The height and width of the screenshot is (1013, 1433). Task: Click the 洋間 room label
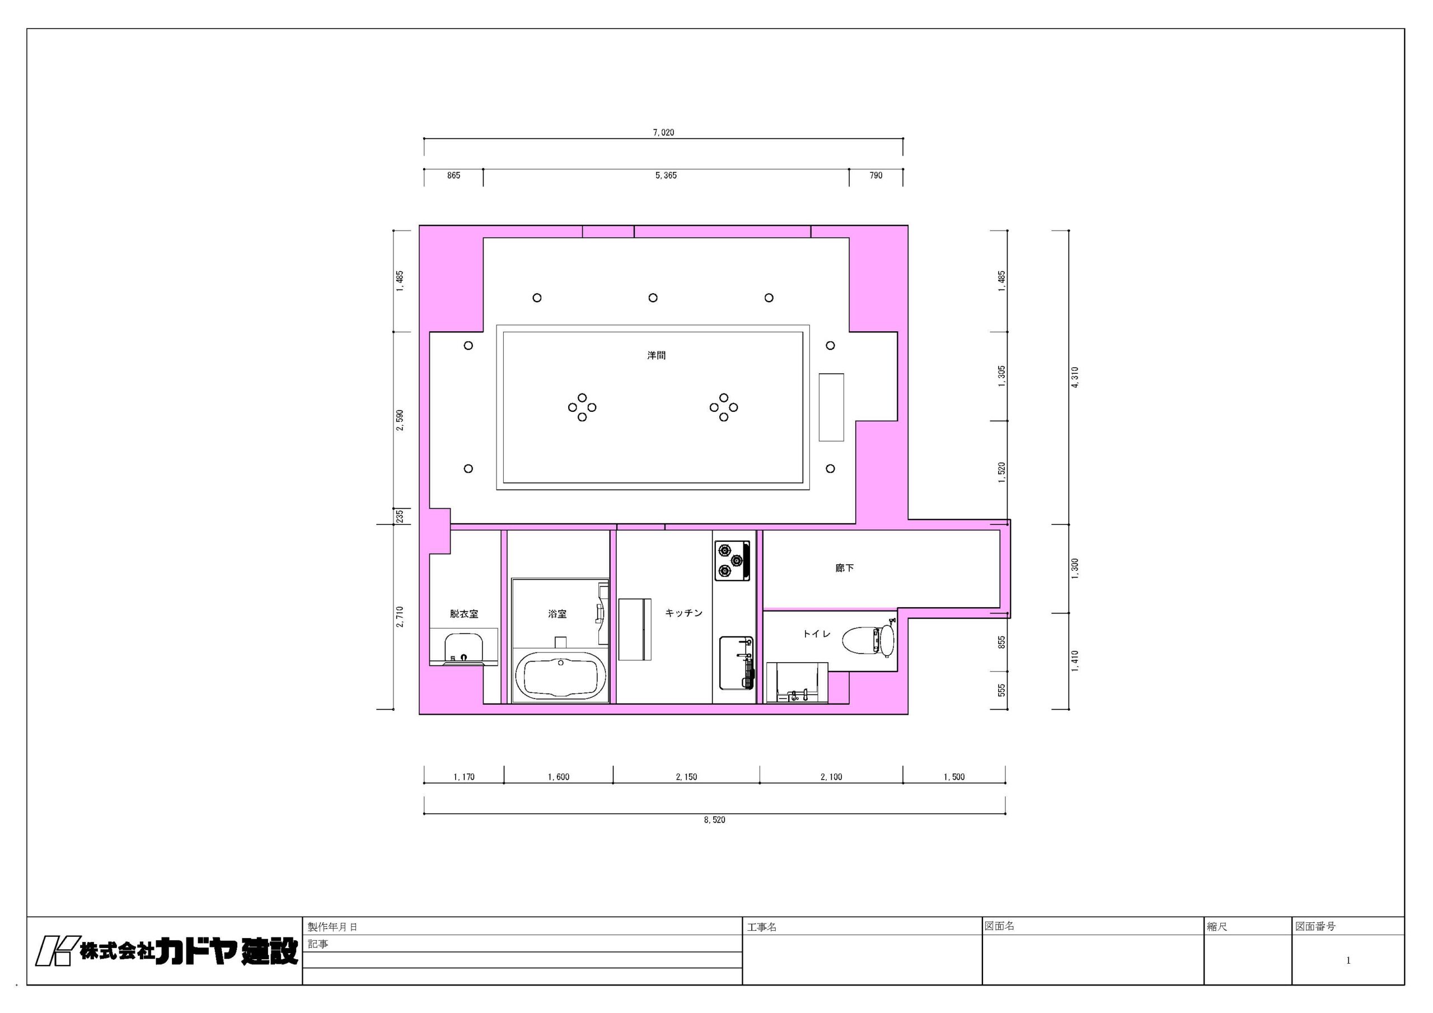[656, 355]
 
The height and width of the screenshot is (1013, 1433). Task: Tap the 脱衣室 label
[463, 613]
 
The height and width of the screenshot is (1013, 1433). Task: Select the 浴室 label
[558, 613]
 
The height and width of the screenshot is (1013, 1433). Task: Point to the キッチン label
[683, 613]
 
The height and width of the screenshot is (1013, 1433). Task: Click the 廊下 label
[845, 568]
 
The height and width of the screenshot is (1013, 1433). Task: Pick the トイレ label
[816, 634]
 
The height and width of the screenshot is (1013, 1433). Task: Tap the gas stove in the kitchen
[732, 560]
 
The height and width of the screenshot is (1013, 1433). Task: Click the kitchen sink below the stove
[737, 663]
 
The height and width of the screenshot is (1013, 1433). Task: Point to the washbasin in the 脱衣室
[463, 649]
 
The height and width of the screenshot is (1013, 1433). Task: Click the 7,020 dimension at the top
[663, 132]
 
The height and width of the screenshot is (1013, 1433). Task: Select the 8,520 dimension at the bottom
[715, 819]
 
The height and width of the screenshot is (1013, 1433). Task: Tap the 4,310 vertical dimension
[1074, 377]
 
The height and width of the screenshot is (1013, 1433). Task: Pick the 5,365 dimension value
[666, 175]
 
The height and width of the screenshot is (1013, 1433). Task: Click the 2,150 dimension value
[686, 777]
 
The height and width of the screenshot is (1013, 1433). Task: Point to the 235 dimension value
[400, 516]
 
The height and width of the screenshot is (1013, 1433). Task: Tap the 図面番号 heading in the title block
[1315, 926]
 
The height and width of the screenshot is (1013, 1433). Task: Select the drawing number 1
[1348, 960]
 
